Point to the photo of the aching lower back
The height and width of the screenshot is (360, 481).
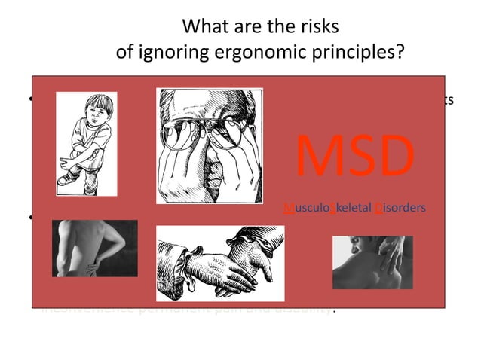[x=94, y=248]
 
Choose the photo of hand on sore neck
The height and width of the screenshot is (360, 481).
[x=372, y=262]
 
